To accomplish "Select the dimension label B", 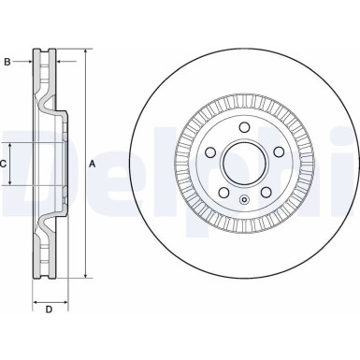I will [8, 63].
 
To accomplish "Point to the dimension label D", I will [49, 309].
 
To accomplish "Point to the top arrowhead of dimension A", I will [85, 49].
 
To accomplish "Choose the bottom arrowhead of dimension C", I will [13, 182].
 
